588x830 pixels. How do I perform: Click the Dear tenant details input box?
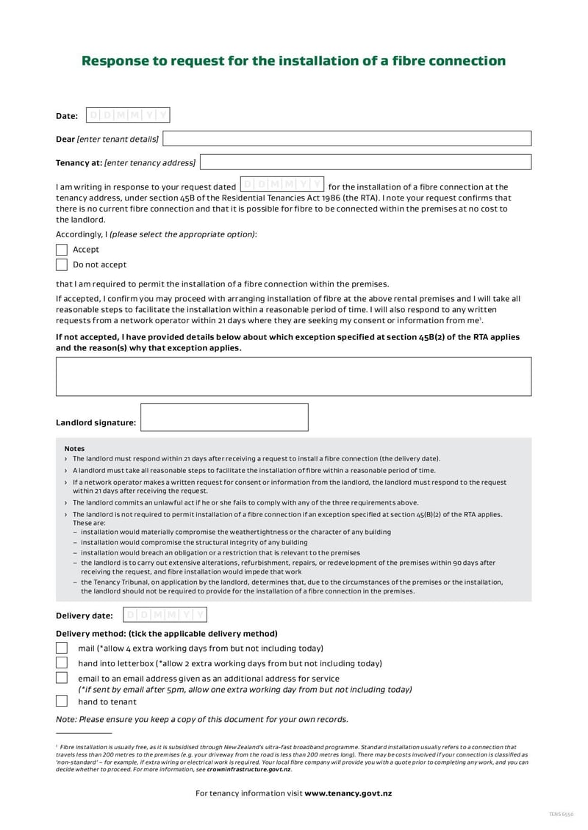346,139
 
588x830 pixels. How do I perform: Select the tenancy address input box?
365,162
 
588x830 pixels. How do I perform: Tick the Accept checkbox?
62,250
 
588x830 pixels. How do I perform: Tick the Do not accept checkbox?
62,264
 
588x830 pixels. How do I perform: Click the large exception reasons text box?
293,377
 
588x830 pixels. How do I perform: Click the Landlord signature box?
224,417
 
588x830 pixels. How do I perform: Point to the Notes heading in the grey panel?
74,448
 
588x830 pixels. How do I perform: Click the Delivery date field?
164,615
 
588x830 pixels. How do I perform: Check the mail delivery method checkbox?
62,648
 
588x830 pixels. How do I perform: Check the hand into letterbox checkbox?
62,663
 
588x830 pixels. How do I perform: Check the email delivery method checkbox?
62,678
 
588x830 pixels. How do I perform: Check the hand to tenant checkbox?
62,701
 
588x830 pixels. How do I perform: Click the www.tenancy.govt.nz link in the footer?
348,793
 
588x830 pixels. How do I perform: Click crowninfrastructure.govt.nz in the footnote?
248,769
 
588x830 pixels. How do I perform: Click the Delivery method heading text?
167,633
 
